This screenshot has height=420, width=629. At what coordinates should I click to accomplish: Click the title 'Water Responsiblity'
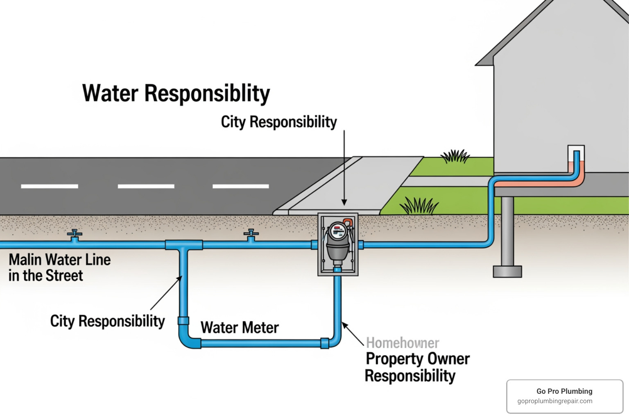coord(176,94)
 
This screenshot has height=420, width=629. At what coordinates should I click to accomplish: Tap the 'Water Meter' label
coord(240,328)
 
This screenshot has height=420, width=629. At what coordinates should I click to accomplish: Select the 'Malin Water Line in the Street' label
coord(59,267)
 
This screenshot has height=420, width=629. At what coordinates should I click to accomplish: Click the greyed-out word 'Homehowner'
coord(402,343)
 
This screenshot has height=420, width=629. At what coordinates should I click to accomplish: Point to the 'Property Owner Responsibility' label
coord(417,367)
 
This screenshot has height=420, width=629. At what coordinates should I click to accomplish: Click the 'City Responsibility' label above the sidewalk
coord(278,122)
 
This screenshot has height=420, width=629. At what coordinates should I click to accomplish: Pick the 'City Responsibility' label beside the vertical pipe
coord(107,321)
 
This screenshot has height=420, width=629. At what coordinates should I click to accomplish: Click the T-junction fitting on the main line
coord(184,245)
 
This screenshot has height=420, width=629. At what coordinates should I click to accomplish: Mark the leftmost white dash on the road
coord(50,186)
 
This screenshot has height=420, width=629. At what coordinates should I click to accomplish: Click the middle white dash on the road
coord(146,186)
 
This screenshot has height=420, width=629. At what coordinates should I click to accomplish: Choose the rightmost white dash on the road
coord(241,186)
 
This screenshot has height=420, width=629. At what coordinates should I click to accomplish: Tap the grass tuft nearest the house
coord(455,157)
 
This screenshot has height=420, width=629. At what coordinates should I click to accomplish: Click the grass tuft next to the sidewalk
coord(419,205)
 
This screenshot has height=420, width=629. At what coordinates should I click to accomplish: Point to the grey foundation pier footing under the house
coord(507,272)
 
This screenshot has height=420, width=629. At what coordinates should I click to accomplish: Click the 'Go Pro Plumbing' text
coord(564,391)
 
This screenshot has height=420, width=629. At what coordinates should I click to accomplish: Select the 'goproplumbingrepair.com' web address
coord(554,401)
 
